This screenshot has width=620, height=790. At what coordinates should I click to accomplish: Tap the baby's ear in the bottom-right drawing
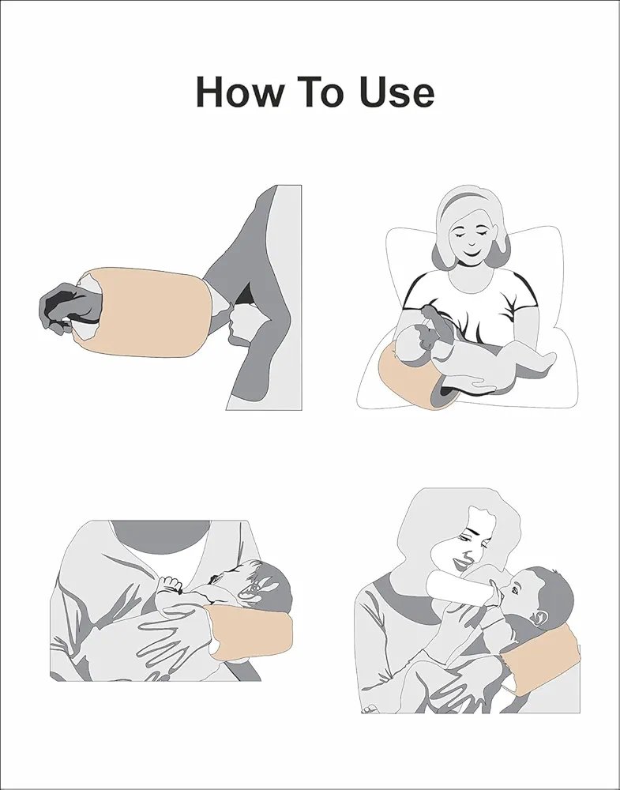540,618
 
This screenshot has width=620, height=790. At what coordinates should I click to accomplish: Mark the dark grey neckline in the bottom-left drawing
160,537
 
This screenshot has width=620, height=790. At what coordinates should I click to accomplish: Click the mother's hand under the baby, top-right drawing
471,386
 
